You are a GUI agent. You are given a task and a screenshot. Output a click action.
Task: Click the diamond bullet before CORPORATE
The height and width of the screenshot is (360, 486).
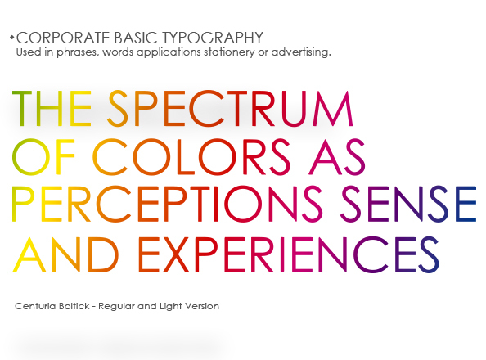click(x=12, y=38)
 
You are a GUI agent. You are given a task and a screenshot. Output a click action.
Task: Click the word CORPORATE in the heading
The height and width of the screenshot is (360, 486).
click(x=63, y=38)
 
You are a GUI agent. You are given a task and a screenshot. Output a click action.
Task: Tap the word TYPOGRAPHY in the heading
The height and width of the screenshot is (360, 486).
click(x=213, y=38)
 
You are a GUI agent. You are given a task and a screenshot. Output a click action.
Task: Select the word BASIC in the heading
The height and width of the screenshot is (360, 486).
click(x=136, y=38)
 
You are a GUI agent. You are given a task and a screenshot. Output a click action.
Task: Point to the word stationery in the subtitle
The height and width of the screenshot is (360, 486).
click(x=229, y=52)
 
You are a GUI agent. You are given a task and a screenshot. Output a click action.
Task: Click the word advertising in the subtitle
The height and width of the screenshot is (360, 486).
click(x=301, y=52)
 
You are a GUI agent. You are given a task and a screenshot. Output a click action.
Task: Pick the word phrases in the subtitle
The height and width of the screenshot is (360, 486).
click(x=78, y=52)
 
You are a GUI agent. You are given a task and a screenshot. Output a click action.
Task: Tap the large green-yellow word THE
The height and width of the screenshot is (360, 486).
click(x=52, y=109)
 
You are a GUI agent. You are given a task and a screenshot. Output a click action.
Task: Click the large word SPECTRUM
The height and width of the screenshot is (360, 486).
click(x=230, y=109)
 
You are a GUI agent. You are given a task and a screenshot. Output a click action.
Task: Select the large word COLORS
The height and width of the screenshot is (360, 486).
click(x=191, y=157)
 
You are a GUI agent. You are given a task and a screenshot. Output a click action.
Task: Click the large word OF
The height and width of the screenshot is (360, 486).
click(x=43, y=157)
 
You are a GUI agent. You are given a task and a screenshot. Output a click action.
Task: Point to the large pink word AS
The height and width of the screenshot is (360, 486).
click(x=336, y=157)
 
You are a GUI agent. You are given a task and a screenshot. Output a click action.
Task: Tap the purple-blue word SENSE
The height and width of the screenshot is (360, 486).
click(x=408, y=204)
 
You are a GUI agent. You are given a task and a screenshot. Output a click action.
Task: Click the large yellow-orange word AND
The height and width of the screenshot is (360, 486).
click(x=65, y=254)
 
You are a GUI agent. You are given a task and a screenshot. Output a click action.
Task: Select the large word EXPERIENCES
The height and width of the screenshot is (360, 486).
click(x=289, y=254)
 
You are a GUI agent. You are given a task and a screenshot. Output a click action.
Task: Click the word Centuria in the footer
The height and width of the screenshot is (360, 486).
click(x=35, y=306)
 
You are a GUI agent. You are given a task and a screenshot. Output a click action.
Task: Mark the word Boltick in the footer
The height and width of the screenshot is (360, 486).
click(x=74, y=306)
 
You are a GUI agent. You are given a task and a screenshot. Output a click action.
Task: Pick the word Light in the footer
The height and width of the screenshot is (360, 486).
click(x=170, y=307)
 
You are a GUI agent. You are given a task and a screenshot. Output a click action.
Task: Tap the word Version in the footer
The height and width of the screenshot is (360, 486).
click(x=202, y=306)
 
